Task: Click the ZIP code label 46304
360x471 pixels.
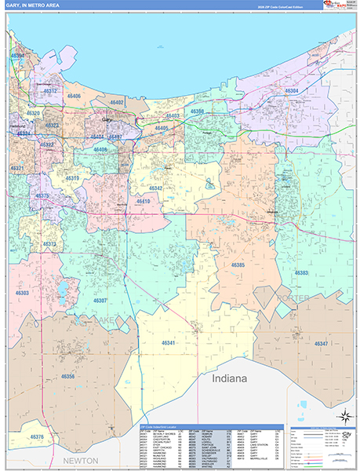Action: point(291,92)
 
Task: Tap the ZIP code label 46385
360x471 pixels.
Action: point(238,265)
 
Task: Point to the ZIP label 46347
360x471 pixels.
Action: point(321,344)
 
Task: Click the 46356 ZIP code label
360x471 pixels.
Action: point(67,377)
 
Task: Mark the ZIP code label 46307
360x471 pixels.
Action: point(100,301)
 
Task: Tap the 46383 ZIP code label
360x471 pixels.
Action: point(301,272)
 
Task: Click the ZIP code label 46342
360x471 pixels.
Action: point(155,188)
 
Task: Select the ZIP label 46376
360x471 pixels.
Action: point(36,436)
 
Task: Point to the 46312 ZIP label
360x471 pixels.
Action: point(51,91)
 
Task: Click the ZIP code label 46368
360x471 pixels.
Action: point(196,111)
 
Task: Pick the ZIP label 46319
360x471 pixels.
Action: point(72,178)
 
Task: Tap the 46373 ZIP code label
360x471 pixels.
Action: point(49,244)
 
